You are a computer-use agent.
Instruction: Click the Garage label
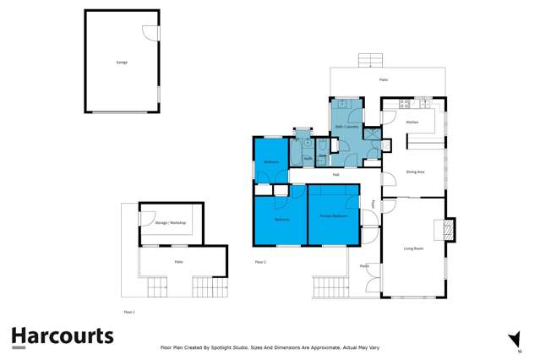(121, 63)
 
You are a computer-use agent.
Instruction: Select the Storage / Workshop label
(170, 222)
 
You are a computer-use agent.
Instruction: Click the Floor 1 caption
(129, 312)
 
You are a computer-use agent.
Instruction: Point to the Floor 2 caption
(260, 262)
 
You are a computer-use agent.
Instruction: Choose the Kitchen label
(412, 123)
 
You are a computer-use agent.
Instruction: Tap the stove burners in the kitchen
(404, 104)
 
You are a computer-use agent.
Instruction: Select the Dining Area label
(415, 172)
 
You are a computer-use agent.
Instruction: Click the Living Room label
(413, 248)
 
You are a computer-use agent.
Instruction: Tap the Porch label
(364, 266)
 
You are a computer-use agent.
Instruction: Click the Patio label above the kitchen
(384, 80)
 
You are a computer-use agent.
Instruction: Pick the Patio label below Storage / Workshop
(179, 262)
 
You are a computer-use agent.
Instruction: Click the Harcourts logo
(62, 335)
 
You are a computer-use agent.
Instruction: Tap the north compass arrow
(514, 339)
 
